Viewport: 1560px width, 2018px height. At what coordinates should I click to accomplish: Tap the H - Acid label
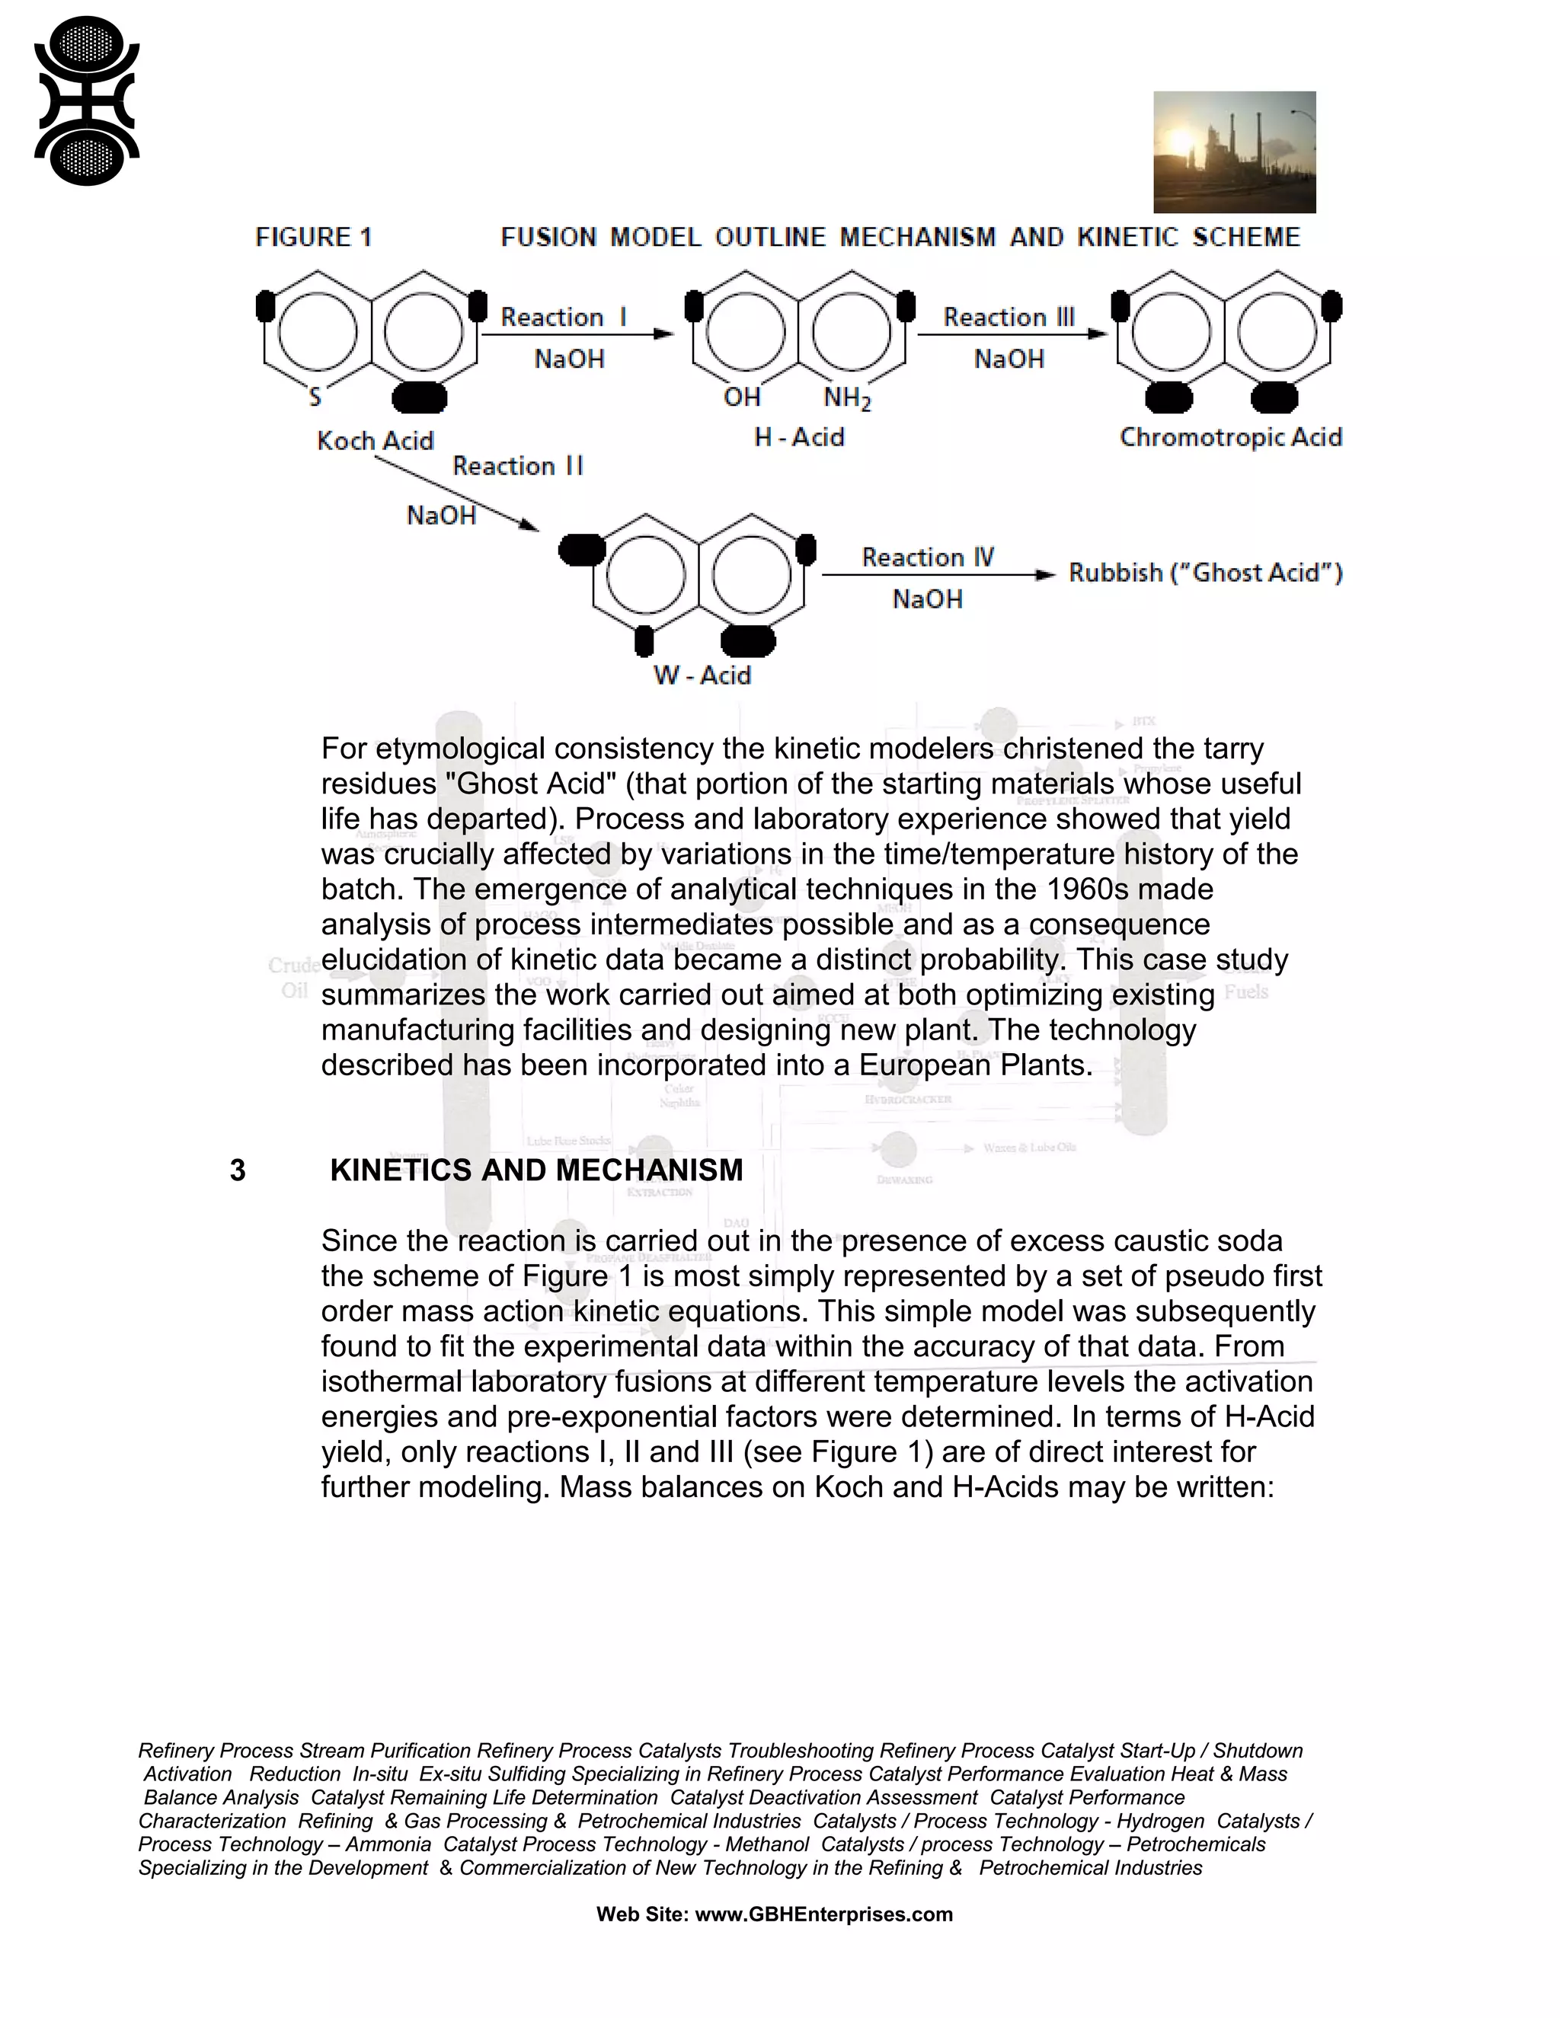coord(798,436)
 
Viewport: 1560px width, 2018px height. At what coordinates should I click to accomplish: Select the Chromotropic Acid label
coord(1230,436)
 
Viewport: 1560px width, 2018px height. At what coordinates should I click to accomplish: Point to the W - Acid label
coord(702,675)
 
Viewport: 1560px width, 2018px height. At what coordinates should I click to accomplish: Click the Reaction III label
coord(1009,317)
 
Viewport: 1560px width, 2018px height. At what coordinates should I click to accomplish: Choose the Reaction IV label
coord(927,557)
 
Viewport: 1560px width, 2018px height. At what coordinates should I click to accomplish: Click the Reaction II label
coord(517,466)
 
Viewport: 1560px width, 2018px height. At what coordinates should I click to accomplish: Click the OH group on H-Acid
coord(741,398)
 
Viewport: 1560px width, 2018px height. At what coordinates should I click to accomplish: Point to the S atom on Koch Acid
coord(315,398)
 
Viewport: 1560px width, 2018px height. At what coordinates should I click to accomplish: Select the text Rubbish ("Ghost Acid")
coord(1205,573)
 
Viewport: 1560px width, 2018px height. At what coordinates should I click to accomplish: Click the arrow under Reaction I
coord(577,334)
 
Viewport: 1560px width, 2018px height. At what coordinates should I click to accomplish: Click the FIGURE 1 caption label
coord(313,238)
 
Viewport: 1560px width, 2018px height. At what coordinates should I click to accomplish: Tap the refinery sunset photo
coord(1234,152)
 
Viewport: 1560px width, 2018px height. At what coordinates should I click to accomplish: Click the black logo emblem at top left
coord(86,101)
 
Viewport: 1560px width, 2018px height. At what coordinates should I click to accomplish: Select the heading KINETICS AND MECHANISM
coord(536,1170)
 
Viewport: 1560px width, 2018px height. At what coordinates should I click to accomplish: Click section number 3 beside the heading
coord(238,1170)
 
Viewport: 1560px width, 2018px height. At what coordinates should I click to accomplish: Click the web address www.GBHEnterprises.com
coord(823,1914)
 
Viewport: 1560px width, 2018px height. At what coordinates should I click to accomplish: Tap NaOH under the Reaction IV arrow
coord(927,599)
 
